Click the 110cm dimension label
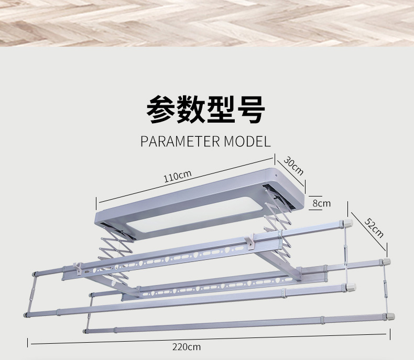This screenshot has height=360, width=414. click(177, 177)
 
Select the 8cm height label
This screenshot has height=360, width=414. click(321, 203)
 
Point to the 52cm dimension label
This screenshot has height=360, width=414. click(374, 228)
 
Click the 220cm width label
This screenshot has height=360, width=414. click(186, 346)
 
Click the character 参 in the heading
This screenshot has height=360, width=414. click(161, 110)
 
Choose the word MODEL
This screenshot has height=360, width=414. click(247, 141)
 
